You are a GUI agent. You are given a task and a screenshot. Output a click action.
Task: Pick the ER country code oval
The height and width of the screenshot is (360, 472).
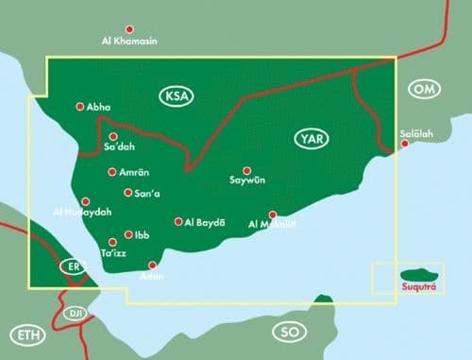73,267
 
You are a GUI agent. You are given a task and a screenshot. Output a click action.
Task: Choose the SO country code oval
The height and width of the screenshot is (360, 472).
287,332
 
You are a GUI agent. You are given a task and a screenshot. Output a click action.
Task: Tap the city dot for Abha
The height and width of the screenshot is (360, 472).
79,107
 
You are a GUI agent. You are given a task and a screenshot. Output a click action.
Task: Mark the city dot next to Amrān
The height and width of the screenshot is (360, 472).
112,172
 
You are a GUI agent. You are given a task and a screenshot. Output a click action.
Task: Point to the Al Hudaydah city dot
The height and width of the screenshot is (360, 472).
86,201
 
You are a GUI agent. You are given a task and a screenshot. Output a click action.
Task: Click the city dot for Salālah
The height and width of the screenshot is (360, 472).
405,144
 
